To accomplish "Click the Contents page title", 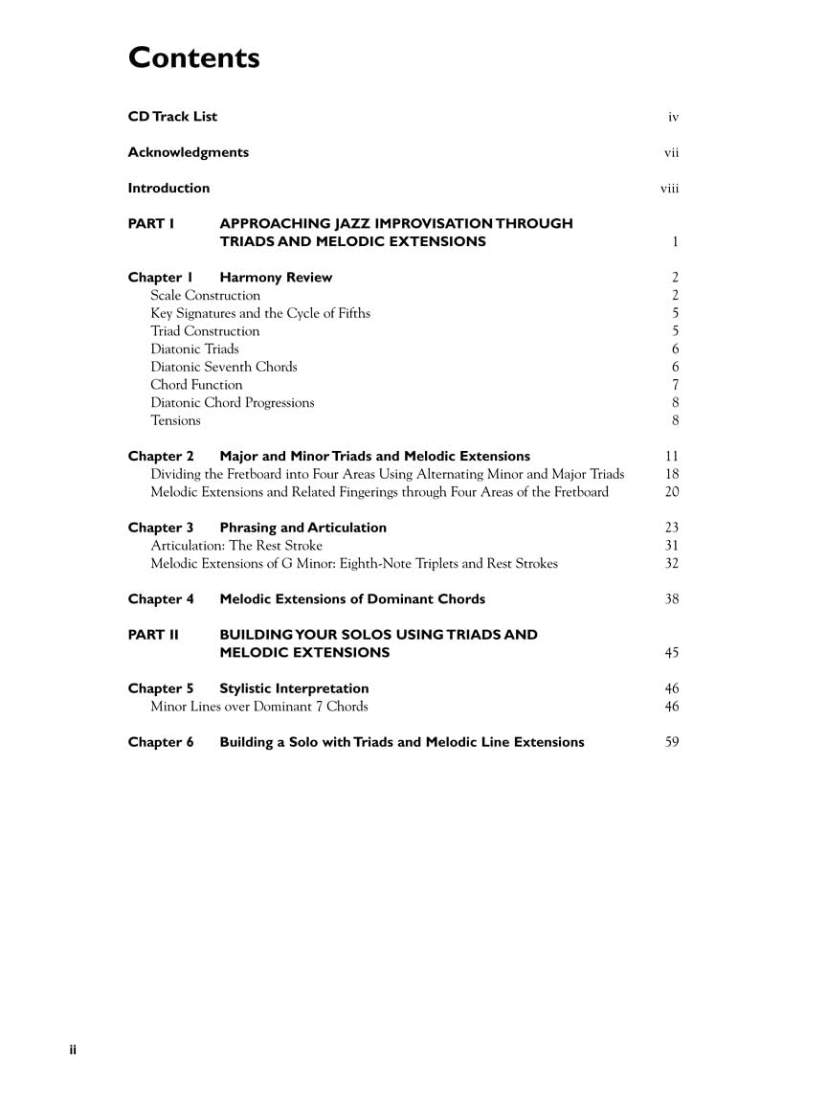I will tap(194, 58).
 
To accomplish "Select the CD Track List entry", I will tap(172, 117).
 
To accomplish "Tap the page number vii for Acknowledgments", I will tap(671, 153).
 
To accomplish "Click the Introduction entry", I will tap(168, 189).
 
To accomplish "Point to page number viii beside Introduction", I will tap(669, 189).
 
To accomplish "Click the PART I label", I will tap(151, 224).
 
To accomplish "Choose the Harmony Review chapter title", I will tap(276, 278).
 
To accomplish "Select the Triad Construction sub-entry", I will tap(205, 331).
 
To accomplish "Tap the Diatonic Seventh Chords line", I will tap(224, 367).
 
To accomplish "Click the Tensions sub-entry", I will tap(175, 420).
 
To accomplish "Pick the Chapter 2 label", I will tap(161, 457).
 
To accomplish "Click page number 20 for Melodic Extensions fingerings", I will tap(671, 492).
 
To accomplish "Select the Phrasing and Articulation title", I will tap(302, 528).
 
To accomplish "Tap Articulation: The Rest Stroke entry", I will tap(236, 546).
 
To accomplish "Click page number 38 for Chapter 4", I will tap(671, 599).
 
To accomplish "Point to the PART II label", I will tap(153, 635).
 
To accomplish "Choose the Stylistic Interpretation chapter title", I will tap(294, 688).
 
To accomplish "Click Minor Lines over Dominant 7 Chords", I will tap(258, 707).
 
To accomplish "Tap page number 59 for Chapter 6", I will tap(671, 742).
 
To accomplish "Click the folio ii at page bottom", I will tap(73, 1050).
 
